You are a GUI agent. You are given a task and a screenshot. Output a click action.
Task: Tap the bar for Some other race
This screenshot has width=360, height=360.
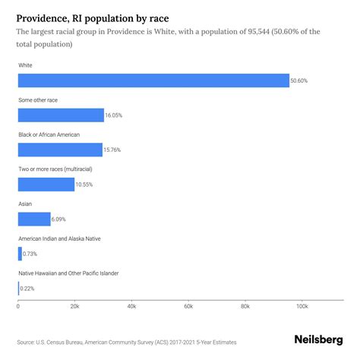point(61,115)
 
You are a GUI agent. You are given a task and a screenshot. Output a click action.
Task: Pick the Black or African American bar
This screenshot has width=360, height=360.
point(60,150)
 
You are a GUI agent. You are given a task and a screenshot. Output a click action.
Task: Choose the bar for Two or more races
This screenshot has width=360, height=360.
point(46,185)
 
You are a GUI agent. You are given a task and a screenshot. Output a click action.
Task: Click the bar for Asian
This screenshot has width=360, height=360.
point(34,219)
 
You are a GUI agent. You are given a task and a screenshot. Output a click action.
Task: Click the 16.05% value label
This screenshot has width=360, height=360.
point(114,115)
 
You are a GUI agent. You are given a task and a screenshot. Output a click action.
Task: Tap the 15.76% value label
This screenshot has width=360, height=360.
point(113,150)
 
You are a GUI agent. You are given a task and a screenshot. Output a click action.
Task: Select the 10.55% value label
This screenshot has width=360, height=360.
point(85,185)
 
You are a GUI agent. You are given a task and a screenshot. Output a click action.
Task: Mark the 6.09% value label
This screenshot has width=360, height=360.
point(60,219)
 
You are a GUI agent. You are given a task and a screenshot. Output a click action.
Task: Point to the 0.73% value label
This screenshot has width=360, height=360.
point(30,254)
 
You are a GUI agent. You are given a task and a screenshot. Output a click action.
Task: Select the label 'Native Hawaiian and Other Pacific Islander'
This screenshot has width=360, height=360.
point(79,273)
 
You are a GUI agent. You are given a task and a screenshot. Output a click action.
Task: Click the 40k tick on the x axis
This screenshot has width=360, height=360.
point(131,306)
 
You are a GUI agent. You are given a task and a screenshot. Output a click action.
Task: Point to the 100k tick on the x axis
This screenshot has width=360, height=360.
point(302,306)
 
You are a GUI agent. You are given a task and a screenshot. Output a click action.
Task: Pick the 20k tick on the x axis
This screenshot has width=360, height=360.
point(74,306)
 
